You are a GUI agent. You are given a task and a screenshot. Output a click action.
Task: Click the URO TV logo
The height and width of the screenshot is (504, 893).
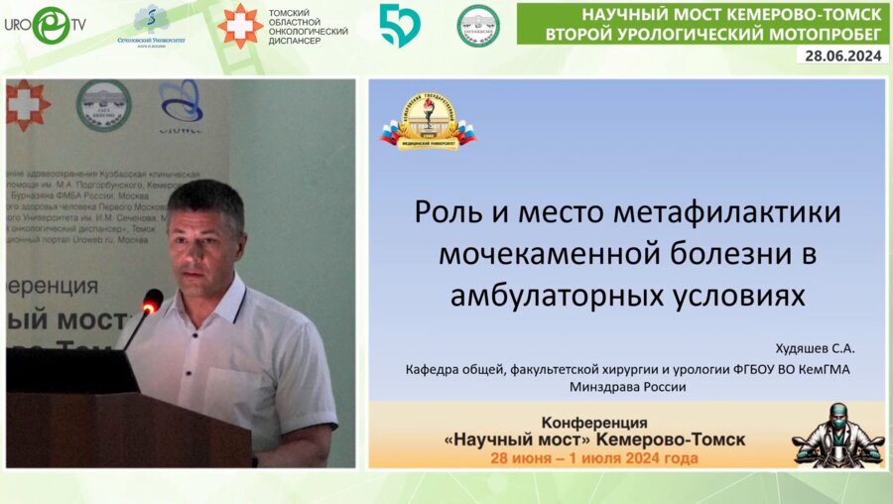pyautogui.click(x=44, y=25)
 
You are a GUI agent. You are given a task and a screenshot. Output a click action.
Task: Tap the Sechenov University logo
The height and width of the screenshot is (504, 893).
pyautogui.click(x=151, y=25)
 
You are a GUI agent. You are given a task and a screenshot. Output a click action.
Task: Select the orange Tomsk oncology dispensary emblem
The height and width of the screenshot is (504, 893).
pyautogui.click(x=240, y=25)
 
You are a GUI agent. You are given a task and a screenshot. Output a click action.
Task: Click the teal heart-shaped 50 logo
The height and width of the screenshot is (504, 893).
pyautogui.click(x=400, y=25)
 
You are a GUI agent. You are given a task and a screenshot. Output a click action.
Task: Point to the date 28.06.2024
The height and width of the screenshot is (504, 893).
pyautogui.click(x=841, y=56)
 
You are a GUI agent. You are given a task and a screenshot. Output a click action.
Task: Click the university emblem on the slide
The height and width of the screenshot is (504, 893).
pyautogui.click(x=429, y=121)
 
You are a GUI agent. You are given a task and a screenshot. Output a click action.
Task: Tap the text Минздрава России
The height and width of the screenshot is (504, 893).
pyautogui.click(x=627, y=387)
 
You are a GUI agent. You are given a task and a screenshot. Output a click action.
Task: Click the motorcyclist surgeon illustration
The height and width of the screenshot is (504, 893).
pyautogui.click(x=838, y=436)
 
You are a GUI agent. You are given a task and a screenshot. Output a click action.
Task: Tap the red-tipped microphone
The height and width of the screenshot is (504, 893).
pyautogui.click(x=152, y=299)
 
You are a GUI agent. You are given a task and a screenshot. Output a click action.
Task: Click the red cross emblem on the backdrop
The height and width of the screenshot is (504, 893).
pyautogui.click(x=27, y=104)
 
